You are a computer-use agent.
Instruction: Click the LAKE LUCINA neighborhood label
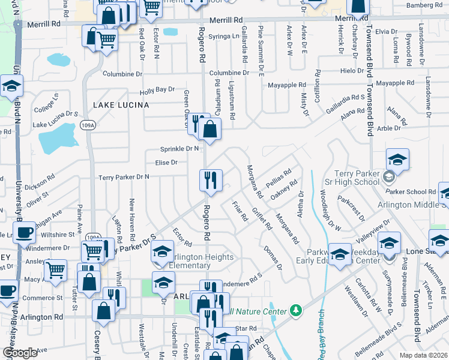[x=121, y=105]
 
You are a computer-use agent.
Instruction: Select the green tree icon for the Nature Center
[x=295, y=310]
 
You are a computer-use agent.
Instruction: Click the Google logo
[x=20, y=352]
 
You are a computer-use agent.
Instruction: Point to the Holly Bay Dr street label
[x=157, y=90]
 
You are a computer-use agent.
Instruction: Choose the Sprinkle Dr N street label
[x=179, y=148]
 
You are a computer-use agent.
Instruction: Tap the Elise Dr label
[x=166, y=162]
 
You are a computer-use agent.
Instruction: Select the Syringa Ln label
[x=223, y=36]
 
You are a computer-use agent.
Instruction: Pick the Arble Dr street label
[x=388, y=128]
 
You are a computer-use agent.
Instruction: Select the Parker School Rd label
[x=416, y=192]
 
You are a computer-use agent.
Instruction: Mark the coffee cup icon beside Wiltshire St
[x=25, y=232]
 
